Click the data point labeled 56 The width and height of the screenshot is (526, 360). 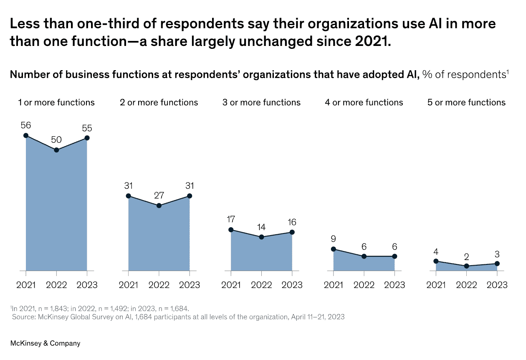point(26,135)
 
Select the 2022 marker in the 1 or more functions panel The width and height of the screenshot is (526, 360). point(56,150)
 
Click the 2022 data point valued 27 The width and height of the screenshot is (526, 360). point(159,205)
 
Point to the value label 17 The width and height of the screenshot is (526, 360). point(231,219)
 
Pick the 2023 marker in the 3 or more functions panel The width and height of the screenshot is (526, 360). point(292,232)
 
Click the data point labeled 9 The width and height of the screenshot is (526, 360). point(333,249)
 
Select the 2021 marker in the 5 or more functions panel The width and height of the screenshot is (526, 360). point(436,261)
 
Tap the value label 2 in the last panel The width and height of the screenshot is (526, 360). point(466,256)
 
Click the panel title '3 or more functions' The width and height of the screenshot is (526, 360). point(261,102)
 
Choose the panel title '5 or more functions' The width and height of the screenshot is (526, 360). point(466,102)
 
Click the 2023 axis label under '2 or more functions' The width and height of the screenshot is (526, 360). point(190,285)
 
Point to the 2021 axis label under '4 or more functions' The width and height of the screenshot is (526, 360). point(333,285)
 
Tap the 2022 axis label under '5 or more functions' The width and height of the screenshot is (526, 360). point(466,285)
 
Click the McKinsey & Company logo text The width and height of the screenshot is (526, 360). point(45,343)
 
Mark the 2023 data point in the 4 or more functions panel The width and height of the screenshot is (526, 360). point(394,256)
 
